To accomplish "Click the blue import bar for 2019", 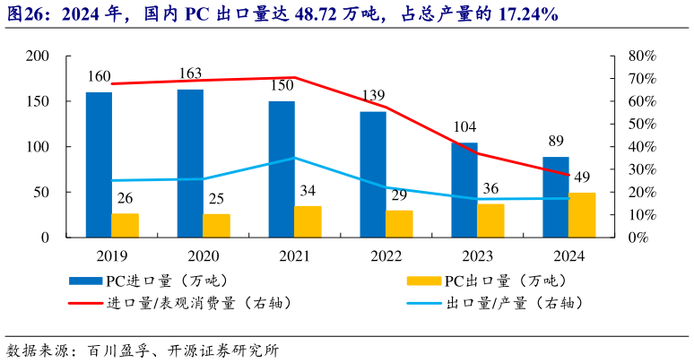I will tap(99, 165).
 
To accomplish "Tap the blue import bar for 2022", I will tap(373, 175).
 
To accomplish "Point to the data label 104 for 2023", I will tap(464, 127).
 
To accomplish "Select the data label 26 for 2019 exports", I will tap(126, 197).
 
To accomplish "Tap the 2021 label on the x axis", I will tap(294, 256).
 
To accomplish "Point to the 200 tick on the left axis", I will tap(38, 56).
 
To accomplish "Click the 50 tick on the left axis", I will tap(41, 192).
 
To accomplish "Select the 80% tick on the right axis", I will tap(642, 56).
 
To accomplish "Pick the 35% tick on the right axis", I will tap(642, 158).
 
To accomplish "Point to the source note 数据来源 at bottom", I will tap(40, 350).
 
